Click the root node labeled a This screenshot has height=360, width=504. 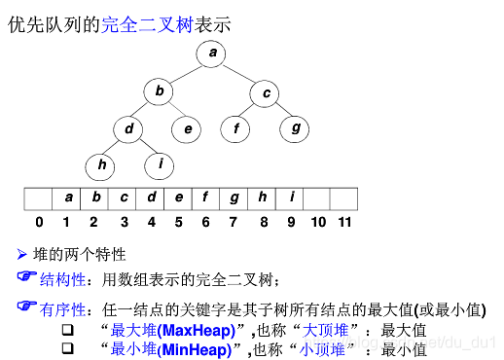coord(212,54)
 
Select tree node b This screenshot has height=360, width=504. coord(159,93)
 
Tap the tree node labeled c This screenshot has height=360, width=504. coord(266,93)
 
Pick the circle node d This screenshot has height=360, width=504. coord(128,127)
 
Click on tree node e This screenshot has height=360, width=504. coord(187,127)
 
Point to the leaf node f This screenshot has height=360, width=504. coord(235,127)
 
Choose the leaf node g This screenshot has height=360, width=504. coord(295,127)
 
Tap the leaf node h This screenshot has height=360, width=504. coord(101,164)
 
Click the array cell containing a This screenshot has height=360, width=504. coord(68,198)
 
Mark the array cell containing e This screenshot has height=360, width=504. coord(179,198)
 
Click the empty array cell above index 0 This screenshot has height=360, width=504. coord(39,198)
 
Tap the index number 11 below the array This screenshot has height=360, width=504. coord(344,222)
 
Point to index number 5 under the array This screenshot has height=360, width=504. coord(179,222)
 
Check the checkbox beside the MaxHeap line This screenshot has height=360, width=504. coord(68,330)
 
